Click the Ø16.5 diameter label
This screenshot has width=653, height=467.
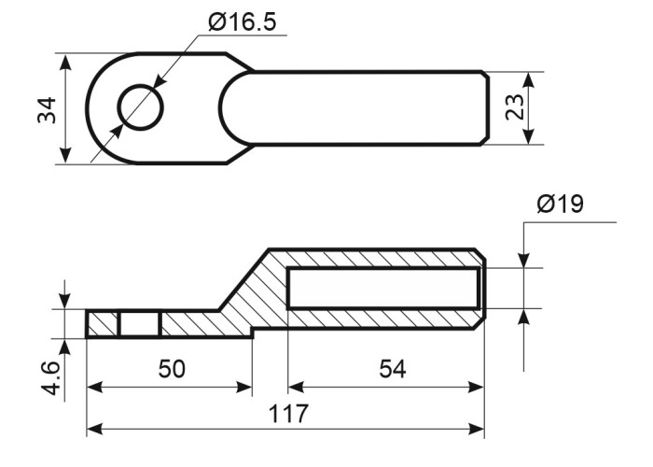(x=242, y=22)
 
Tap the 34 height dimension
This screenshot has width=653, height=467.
(x=47, y=110)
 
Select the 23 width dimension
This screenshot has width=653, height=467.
(x=515, y=107)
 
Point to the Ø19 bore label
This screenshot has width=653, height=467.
(x=561, y=204)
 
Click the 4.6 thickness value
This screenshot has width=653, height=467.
(x=50, y=378)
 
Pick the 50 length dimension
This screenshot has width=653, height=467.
(x=172, y=369)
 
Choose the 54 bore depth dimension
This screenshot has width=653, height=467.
(x=393, y=369)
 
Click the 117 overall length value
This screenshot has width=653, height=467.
(x=288, y=413)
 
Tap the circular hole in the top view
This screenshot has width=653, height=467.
(x=140, y=107)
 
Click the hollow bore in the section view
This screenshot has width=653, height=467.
(x=383, y=289)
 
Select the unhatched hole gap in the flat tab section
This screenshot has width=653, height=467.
(x=140, y=323)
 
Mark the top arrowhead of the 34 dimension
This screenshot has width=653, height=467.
(x=65, y=63)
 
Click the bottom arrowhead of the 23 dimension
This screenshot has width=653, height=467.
(x=528, y=136)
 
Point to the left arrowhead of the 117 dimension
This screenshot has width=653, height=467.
(x=94, y=428)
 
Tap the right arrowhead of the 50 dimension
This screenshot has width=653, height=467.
(x=243, y=388)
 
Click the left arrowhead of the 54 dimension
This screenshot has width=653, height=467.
(x=296, y=388)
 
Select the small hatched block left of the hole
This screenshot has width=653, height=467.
(x=103, y=323)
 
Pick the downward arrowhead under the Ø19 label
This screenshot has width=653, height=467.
(x=524, y=260)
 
